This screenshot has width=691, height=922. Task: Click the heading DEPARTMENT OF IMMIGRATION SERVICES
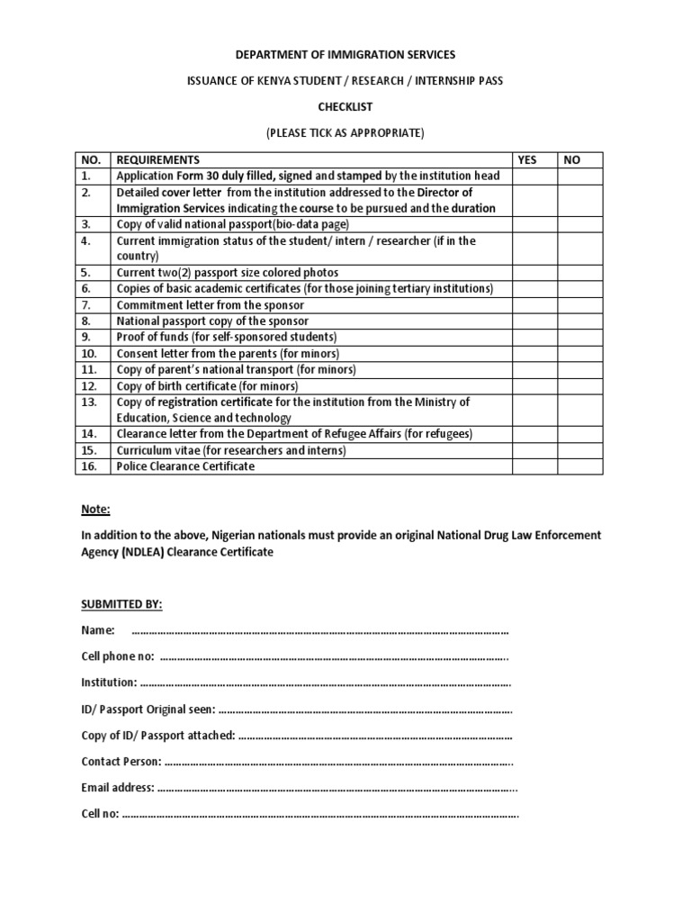coord(345,55)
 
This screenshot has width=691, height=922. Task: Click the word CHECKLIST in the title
coord(345,106)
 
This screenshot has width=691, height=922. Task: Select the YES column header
coord(527,159)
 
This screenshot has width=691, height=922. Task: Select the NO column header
coord(572,159)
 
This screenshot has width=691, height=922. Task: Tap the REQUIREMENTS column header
coord(158,159)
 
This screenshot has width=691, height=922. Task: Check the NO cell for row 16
coord(580,466)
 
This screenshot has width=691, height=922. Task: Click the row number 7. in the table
coord(86,304)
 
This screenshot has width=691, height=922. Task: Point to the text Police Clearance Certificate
coord(185,466)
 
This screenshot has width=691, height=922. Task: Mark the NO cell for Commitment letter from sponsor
coord(580,304)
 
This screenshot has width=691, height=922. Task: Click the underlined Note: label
coord(95,509)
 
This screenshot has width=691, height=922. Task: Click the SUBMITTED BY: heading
coord(122,603)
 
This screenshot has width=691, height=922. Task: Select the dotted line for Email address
coord(337,788)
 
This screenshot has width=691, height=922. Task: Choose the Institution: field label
coord(109,682)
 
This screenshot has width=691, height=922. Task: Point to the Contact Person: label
coord(121,762)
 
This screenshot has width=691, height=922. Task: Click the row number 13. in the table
coord(88,402)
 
